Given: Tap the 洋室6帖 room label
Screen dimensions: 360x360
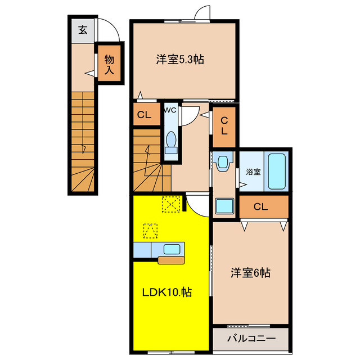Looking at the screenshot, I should pos(250,273).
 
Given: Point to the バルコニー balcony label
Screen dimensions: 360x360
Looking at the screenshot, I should pos(251,339).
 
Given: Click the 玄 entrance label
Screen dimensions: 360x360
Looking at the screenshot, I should pos(83,30).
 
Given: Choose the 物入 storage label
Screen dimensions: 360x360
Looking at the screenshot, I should pos(109,64).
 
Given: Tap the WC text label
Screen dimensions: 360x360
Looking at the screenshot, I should pos(170,110).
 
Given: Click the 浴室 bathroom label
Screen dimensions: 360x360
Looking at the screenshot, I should pos(253,172).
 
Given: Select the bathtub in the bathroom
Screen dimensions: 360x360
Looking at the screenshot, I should pos(277,171).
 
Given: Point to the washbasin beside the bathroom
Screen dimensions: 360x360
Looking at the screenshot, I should pos(223,163).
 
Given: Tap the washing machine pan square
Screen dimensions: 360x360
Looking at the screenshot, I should pos(225,206).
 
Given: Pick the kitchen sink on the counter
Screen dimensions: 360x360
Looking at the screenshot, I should pos(172,249).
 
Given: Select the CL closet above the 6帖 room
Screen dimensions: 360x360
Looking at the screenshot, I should pos(260,206).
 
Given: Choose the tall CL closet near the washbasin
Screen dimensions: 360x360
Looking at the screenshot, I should pos(224,126).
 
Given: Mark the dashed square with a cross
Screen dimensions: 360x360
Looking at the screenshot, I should pos(170,204).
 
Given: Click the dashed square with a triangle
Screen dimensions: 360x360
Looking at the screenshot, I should pos(150,231).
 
